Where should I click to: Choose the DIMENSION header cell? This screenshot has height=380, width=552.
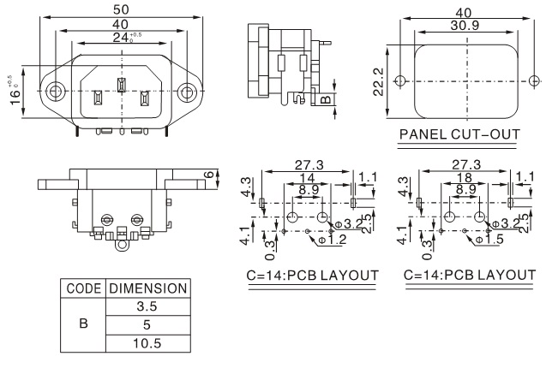[x=147, y=288]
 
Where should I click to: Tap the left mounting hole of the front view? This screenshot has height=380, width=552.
[x=56, y=90]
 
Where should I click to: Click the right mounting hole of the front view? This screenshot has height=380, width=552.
[x=187, y=90]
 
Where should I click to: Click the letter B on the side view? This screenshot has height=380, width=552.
[x=326, y=99]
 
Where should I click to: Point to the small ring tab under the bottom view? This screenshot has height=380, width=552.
[x=121, y=245]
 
